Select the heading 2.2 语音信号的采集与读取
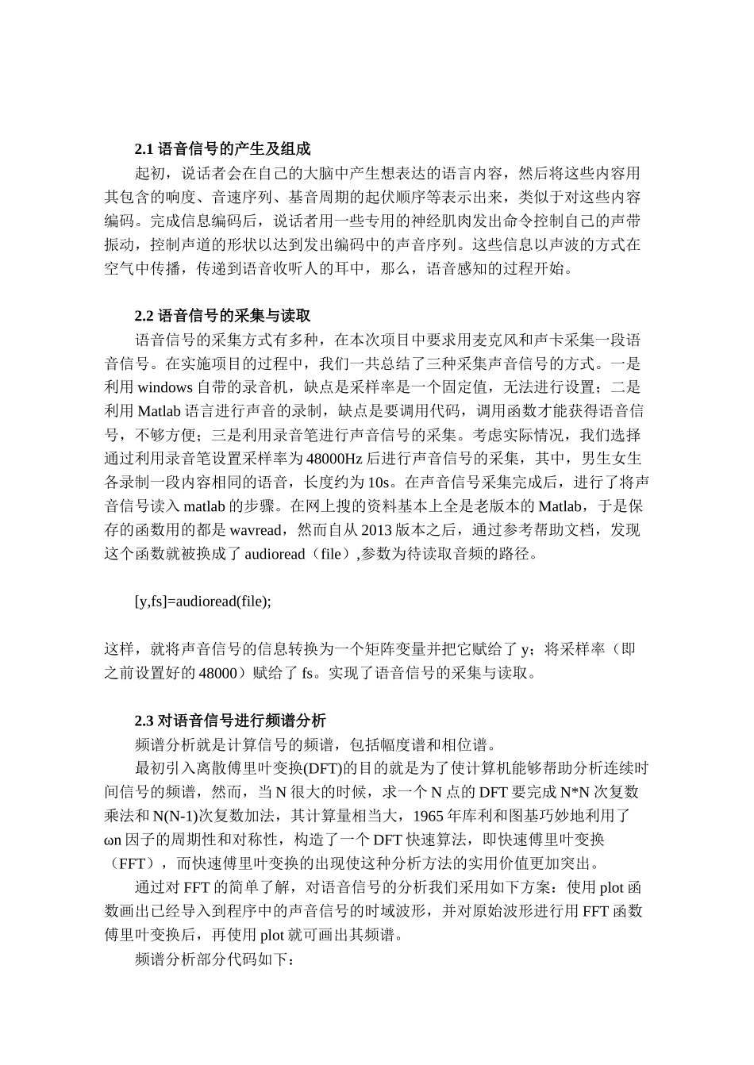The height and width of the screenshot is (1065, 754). coord(229,316)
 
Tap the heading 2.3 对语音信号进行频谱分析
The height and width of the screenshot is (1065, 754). coord(230,721)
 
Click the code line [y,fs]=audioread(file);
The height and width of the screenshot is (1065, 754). coord(203,601)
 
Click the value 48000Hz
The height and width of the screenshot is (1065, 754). coord(334,459)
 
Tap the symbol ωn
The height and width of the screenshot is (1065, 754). coord(114,840)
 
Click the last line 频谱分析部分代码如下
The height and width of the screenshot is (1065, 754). coord(215,959)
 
